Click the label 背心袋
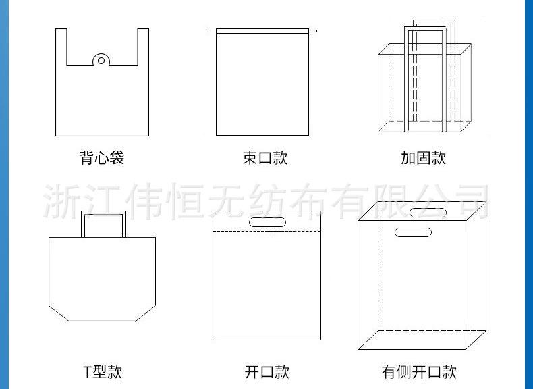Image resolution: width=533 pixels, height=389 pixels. click(101, 159)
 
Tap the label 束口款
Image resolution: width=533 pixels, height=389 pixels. click(265, 159)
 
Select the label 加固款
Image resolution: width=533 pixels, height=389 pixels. click(423, 159)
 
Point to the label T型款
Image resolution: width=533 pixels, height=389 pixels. click(103, 371)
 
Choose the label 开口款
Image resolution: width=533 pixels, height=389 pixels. click(266, 371)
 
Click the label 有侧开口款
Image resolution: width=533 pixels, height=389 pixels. click(419, 371)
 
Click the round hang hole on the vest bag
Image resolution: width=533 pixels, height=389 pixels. click(101, 60)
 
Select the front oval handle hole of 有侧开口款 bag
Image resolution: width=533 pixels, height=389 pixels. click(413, 232)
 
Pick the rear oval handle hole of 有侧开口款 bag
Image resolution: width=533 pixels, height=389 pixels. click(428, 213)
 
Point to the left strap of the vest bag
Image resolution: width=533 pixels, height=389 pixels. click(61, 47)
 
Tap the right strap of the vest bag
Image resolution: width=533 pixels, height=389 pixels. click(142, 47)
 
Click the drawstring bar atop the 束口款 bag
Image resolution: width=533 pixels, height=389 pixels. click(262, 30)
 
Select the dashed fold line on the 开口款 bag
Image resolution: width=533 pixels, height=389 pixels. click(266, 232)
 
